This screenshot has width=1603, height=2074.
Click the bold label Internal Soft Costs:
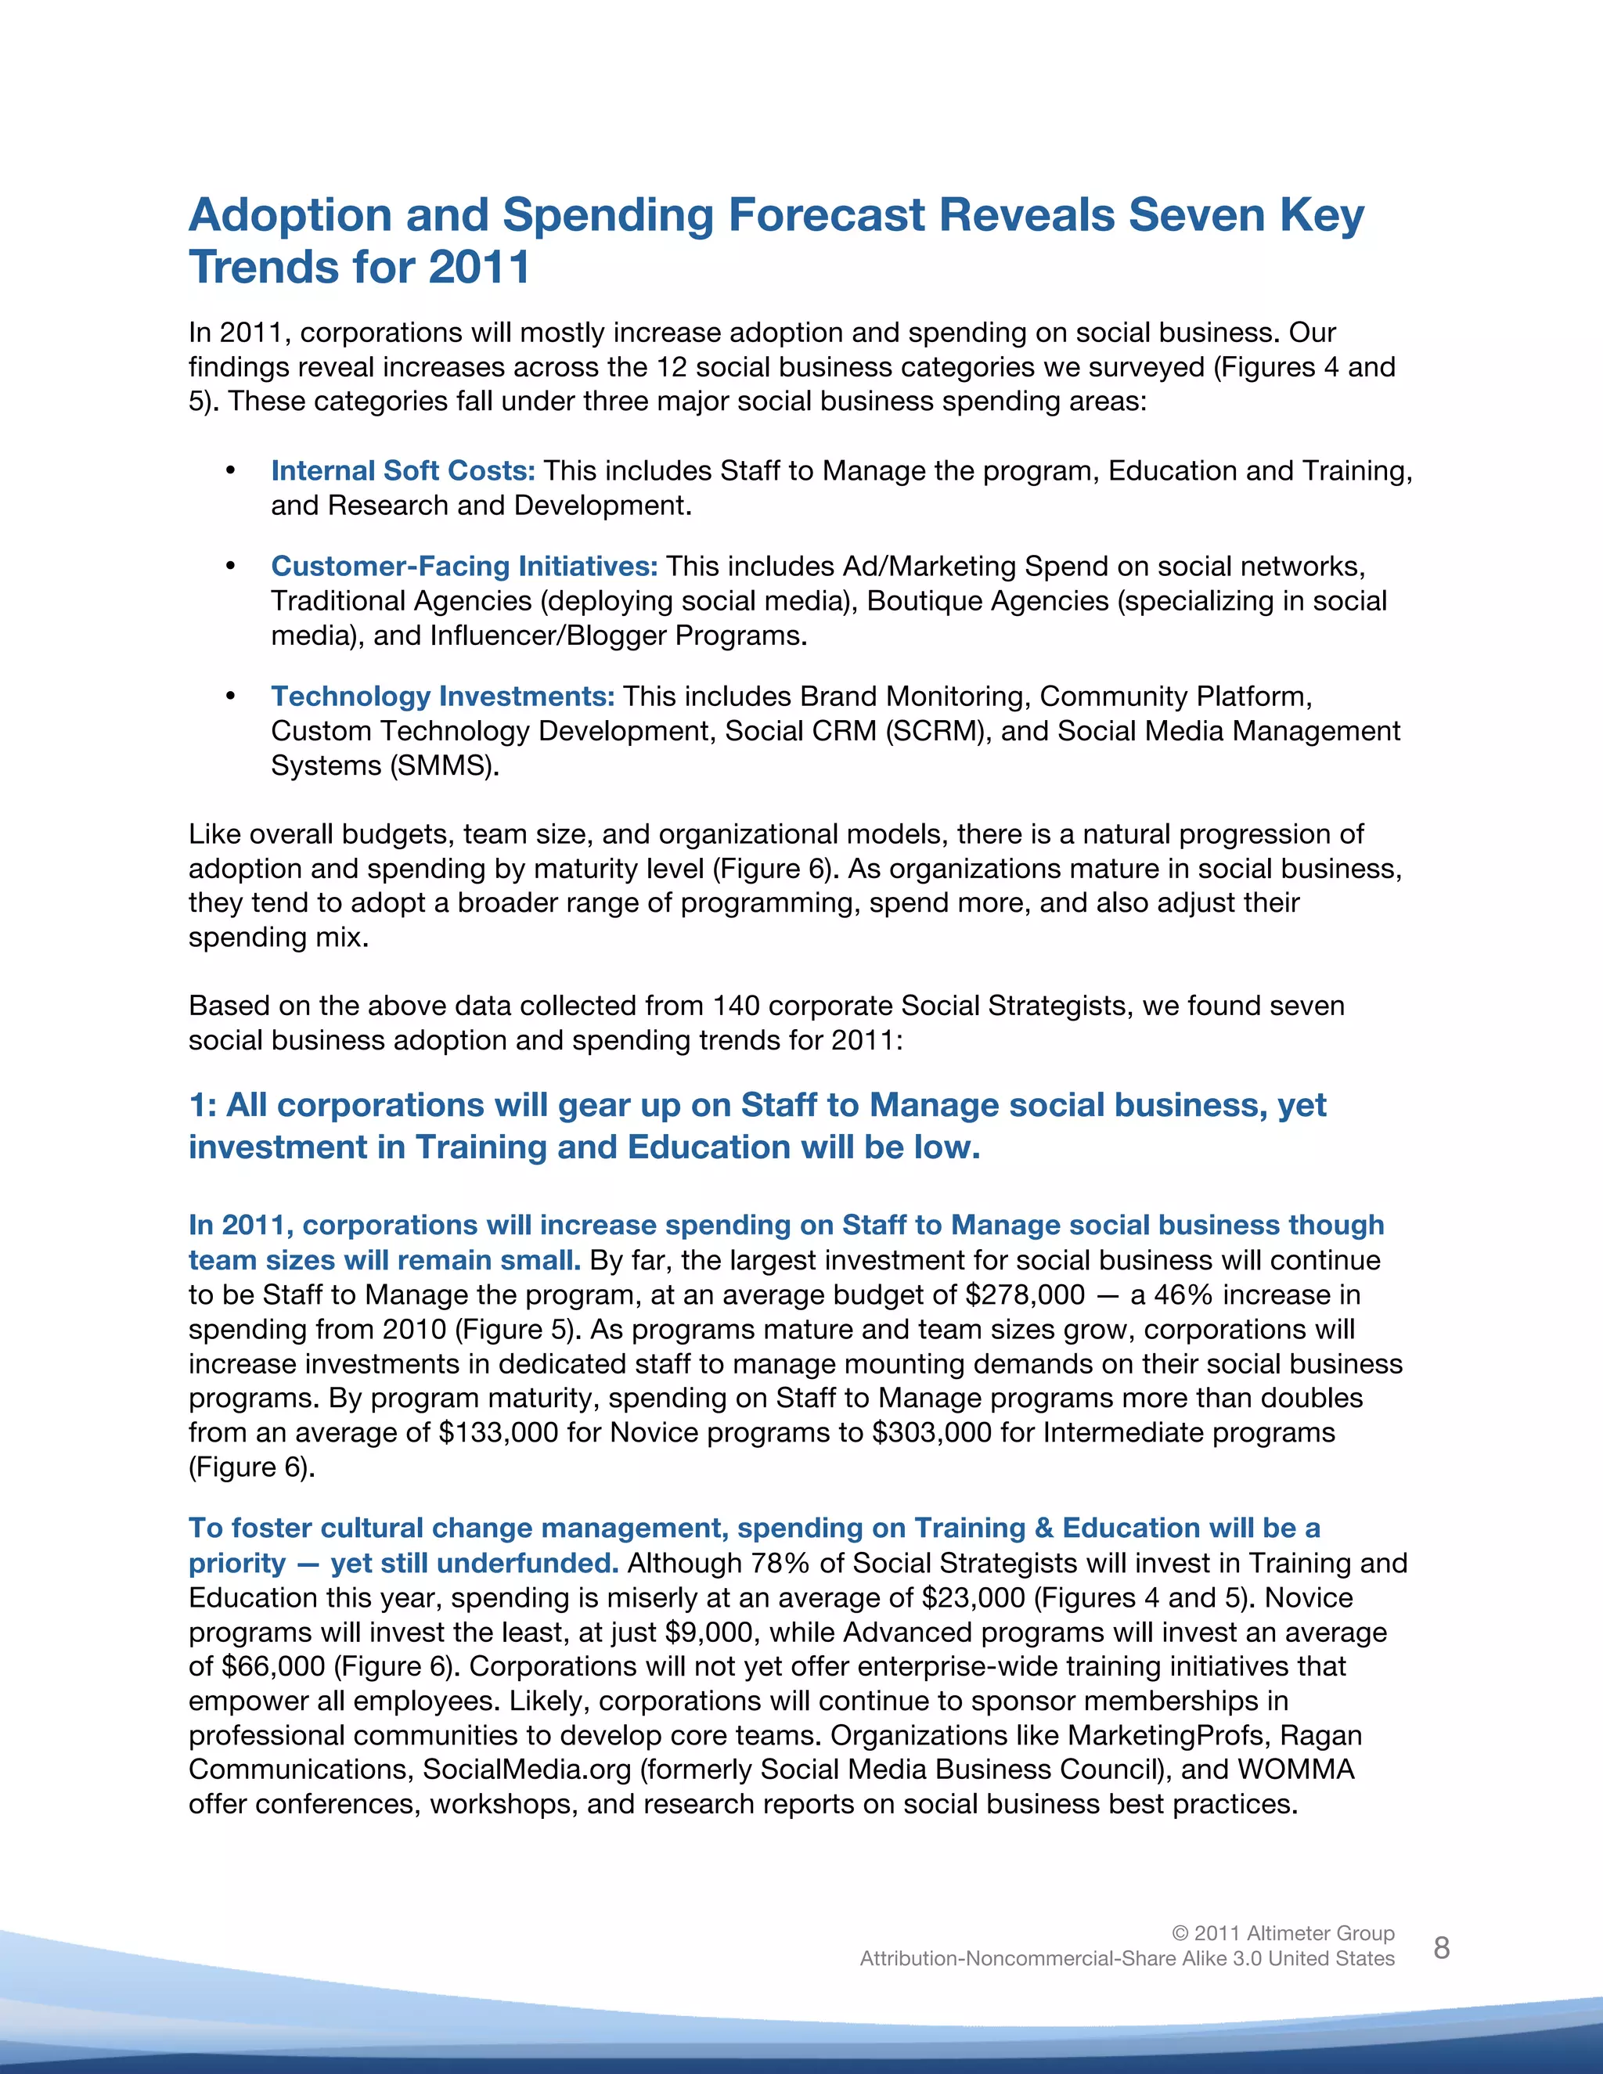pos(402,471)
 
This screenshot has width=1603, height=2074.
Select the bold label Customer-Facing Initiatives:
pos(463,567)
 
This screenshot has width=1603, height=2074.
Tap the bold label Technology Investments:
pos(442,697)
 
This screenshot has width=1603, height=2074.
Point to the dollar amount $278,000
pos(1025,1295)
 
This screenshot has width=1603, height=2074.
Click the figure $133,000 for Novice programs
pos(499,1433)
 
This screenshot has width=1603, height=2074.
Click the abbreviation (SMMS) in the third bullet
pos(442,765)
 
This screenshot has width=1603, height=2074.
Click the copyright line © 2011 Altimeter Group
pos(1283,1933)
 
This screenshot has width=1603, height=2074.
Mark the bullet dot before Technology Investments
pos(230,697)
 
